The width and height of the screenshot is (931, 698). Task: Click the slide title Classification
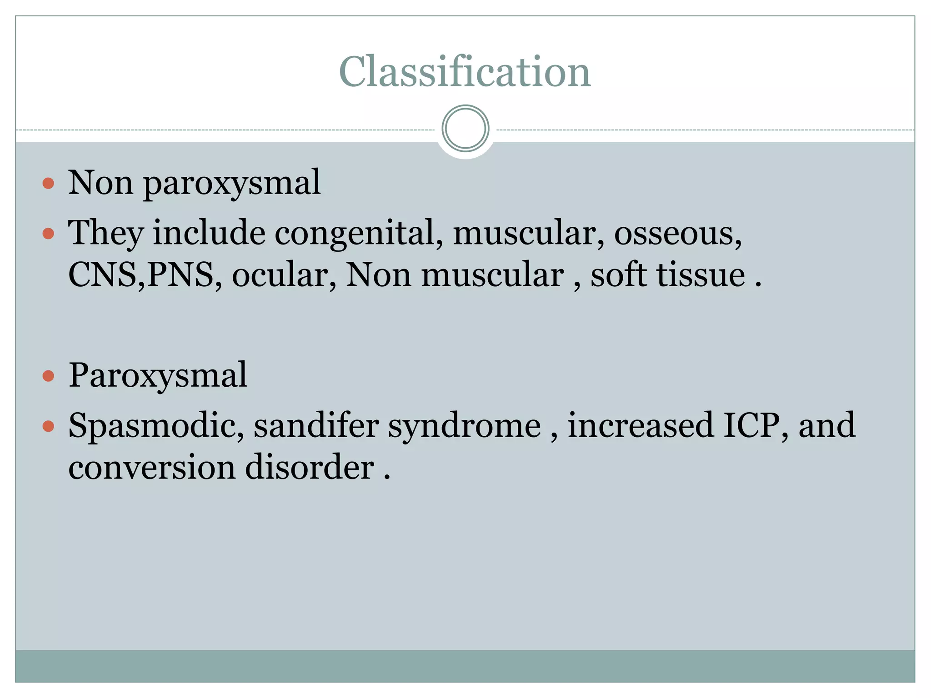click(465, 72)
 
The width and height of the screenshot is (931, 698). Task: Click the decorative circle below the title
click(465, 129)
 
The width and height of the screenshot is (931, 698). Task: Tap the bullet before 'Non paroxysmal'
click(48, 184)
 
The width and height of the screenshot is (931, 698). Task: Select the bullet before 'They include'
click(48, 234)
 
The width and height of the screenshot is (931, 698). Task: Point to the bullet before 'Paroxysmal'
click(48, 376)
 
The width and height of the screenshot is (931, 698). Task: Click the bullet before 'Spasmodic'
click(48, 427)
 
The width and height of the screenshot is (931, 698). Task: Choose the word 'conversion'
click(152, 468)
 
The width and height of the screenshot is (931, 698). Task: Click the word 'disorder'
click(310, 468)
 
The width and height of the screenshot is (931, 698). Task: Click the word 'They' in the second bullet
click(105, 233)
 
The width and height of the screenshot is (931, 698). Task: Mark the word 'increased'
click(641, 425)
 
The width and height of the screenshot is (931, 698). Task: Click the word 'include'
click(209, 233)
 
